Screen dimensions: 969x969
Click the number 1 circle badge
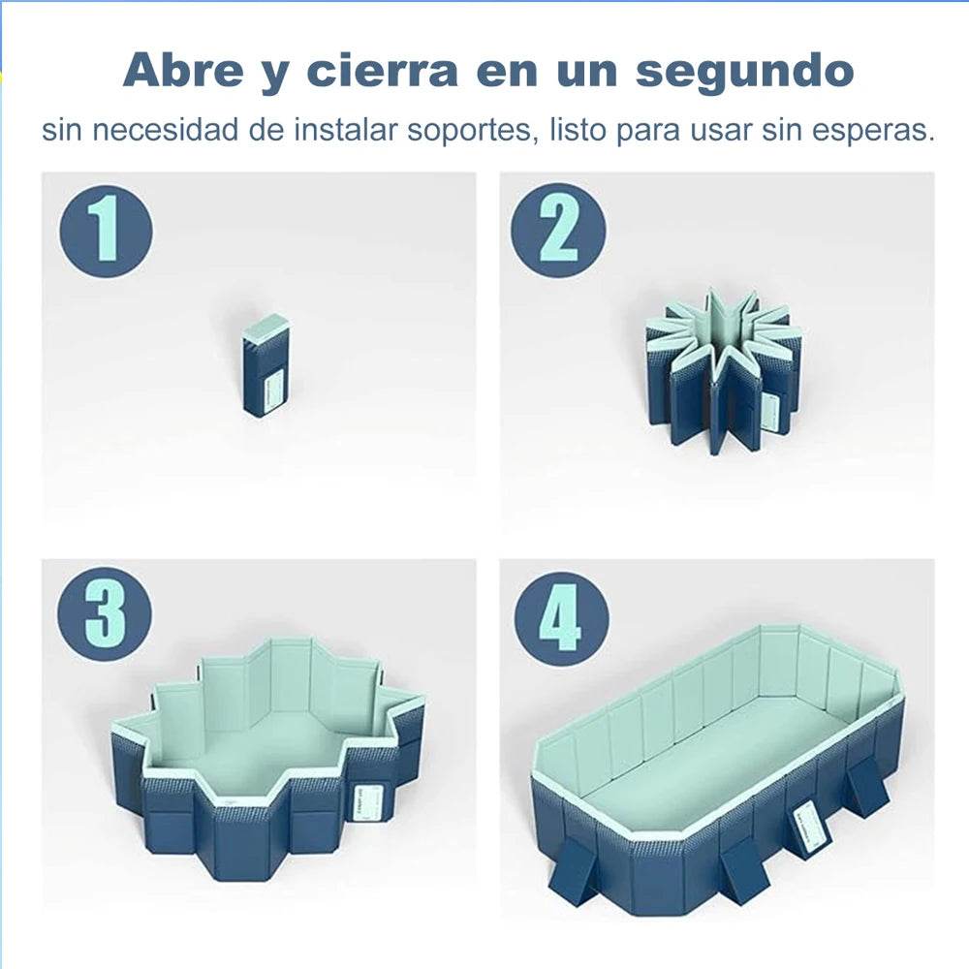(x=107, y=231)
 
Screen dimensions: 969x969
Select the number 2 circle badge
(x=558, y=231)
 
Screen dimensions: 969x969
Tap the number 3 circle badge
(x=107, y=614)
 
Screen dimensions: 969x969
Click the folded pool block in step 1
(x=266, y=365)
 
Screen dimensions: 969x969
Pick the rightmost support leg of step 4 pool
(x=866, y=788)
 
